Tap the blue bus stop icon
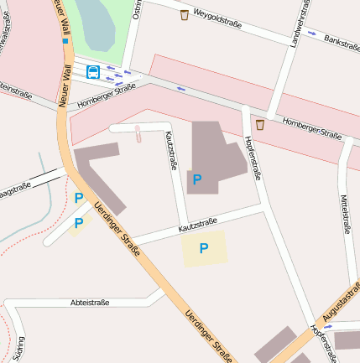pyautogui.click(x=92, y=72)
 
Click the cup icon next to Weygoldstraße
pyautogui.click(x=184, y=14)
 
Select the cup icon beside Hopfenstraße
pyautogui.click(x=259, y=124)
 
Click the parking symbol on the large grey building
pyautogui.click(x=197, y=179)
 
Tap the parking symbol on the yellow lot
pyautogui.click(x=204, y=247)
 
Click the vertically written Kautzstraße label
pyautogui.click(x=171, y=150)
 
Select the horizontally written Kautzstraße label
pyautogui.click(x=198, y=225)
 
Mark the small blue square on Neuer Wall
pyautogui.click(x=65, y=40)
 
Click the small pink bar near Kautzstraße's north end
pyautogui.click(x=138, y=133)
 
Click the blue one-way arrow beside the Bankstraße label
pyautogui.click(x=312, y=34)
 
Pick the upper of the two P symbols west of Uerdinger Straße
pyautogui.click(x=79, y=198)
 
